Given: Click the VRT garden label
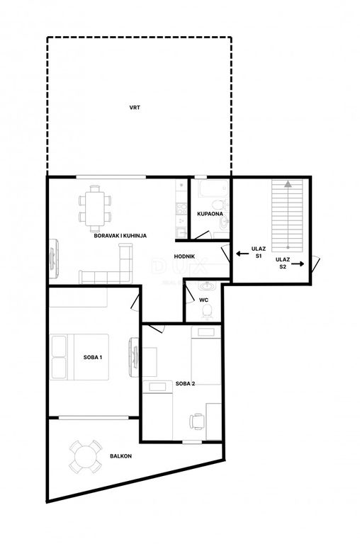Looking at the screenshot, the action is [x=135, y=108].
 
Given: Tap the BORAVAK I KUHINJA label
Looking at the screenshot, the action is [x=120, y=236].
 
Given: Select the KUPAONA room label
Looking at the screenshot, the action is [x=210, y=214].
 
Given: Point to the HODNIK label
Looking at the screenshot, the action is [x=184, y=256].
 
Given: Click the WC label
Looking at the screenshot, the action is [x=204, y=300].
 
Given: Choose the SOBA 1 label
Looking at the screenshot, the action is [x=93, y=357].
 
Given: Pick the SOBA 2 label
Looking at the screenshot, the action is [x=185, y=384].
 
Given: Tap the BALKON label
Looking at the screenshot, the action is [x=120, y=456].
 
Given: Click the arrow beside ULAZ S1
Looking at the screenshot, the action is [x=242, y=254].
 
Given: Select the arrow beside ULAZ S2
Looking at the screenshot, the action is [x=298, y=264].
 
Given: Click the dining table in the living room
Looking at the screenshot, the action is [x=95, y=209].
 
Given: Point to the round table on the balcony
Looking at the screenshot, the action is [x=86, y=457].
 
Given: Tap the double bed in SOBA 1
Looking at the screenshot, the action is [x=79, y=357].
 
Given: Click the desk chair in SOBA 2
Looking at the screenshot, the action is [x=197, y=421].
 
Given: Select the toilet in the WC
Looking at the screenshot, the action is [x=207, y=312].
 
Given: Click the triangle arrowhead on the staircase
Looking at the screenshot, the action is [x=288, y=184].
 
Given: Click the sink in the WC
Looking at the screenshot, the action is [x=207, y=287].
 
